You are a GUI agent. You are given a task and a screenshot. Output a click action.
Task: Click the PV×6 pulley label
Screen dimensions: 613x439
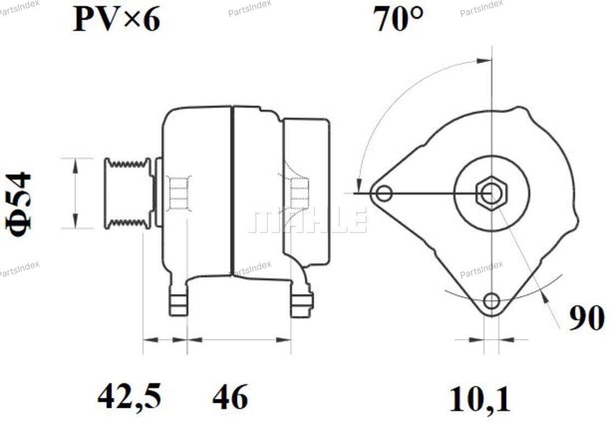(116, 19)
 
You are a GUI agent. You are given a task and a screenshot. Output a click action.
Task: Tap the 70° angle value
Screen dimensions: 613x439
(398, 19)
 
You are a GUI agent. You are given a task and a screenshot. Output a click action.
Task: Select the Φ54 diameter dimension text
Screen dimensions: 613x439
(19, 204)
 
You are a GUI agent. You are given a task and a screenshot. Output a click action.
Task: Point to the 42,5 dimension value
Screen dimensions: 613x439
(129, 396)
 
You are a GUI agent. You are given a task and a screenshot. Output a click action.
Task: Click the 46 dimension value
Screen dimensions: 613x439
(230, 396)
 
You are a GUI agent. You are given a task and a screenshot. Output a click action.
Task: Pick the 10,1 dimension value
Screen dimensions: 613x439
(480, 399)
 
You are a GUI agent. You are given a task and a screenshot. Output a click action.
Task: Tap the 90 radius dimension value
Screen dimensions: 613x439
(587, 318)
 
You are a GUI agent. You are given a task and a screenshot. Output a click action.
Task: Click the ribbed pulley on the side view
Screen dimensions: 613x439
(127, 193)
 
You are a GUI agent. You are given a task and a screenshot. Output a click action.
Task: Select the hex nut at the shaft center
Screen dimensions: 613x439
(491, 193)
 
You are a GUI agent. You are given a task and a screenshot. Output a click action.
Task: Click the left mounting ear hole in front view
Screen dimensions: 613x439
(384, 193)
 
